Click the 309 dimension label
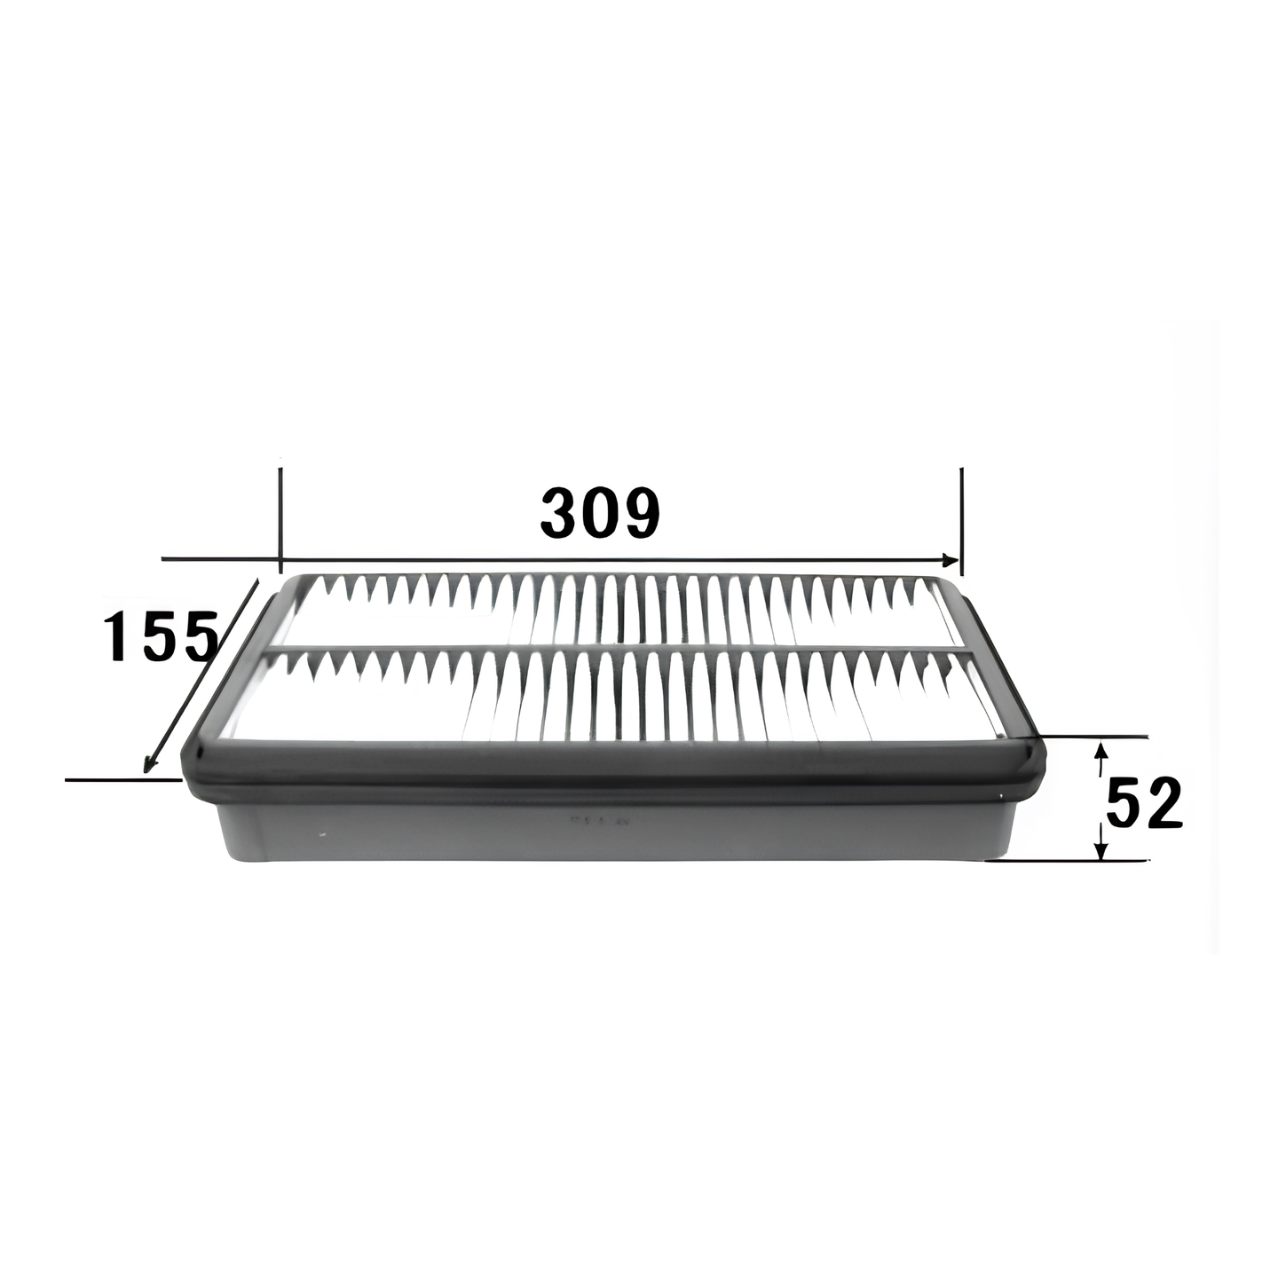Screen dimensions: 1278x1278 click(x=600, y=512)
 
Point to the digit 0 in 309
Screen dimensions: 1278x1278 click(x=600, y=512)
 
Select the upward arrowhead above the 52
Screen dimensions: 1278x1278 click(x=1101, y=752)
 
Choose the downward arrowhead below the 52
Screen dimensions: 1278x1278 click(x=1101, y=848)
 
